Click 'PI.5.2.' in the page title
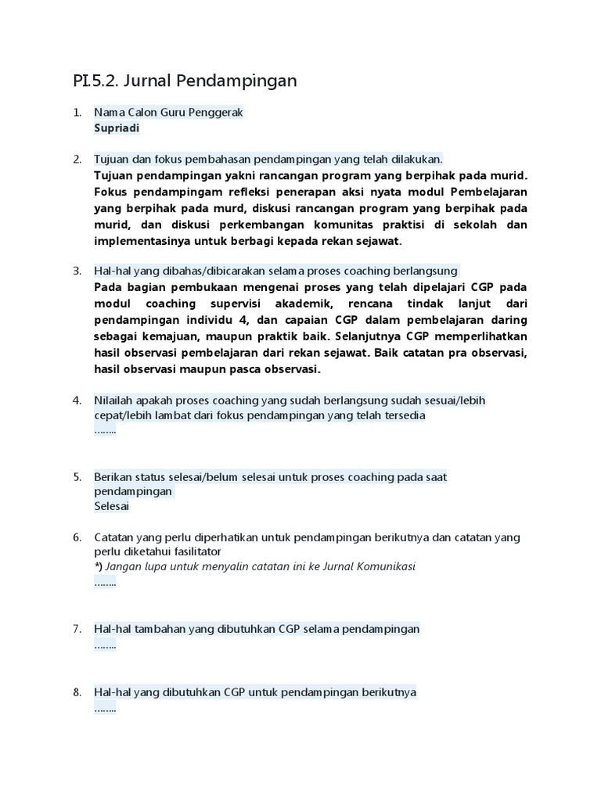tap(95, 81)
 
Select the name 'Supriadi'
tap(117, 128)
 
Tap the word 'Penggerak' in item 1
tap(218, 113)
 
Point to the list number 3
tap(77, 271)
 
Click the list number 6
tap(77, 537)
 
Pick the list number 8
tap(77, 692)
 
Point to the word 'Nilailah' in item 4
tap(115, 400)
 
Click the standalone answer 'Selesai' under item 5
tap(112, 506)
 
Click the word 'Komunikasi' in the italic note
tap(387, 566)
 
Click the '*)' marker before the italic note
tap(99, 566)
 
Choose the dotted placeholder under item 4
tap(105, 431)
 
